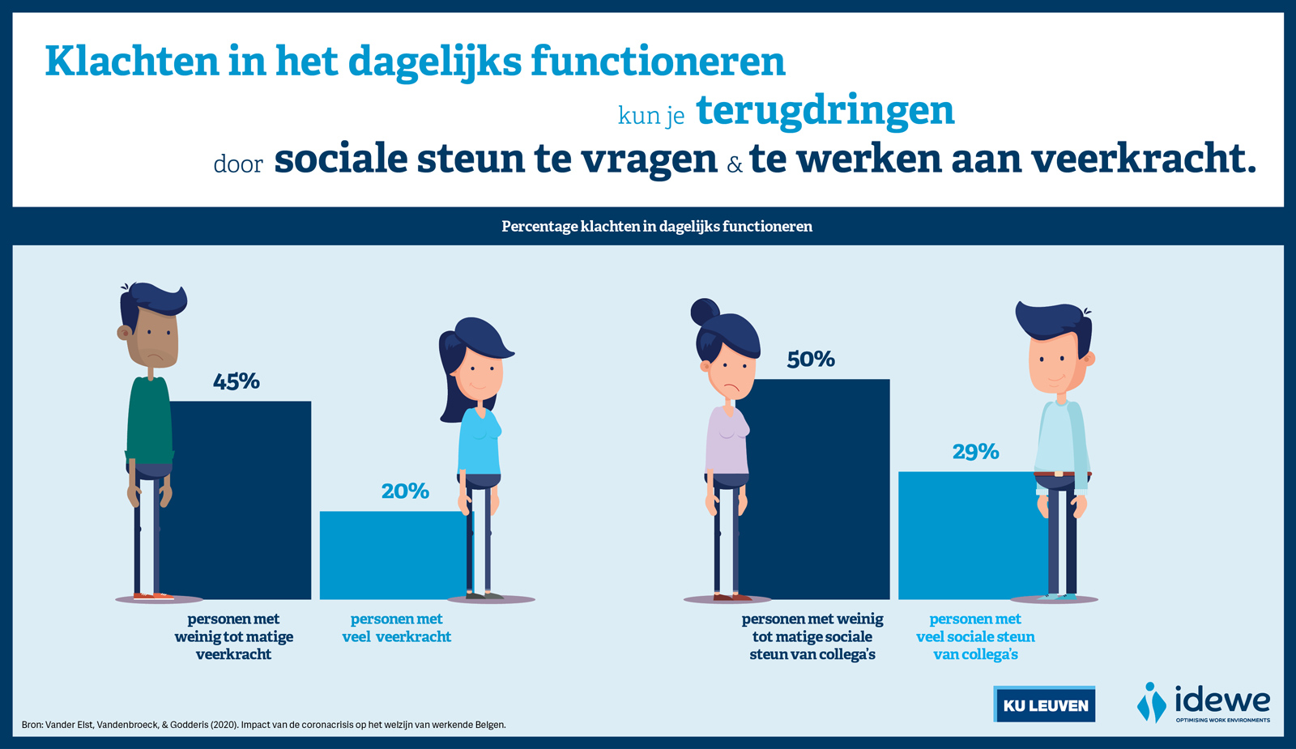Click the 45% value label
click(x=236, y=381)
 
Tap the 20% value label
click(x=405, y=492)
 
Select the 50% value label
click(x=811, y=360)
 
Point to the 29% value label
click(x=975, y=453)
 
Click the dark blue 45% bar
click(x=240, y=500)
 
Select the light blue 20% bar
click(x=394, y=555)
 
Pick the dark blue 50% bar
click(x=815, y=489)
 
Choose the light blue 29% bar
click(x=972, y=535)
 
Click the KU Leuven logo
click(x=1044, y=704)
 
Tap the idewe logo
click(x=1204, y=703)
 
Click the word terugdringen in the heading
click(x=825, y=111)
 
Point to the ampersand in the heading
click(x=734, y=165)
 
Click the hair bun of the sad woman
click(x=704, y=313)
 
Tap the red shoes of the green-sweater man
click(x=153, y=596)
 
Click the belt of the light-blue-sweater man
click(x=1062, y=475)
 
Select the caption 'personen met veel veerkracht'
click(x=396, y=628)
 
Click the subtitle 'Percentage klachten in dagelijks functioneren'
click(x=657, y=226)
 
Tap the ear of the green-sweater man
click(x=123, y=333)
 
